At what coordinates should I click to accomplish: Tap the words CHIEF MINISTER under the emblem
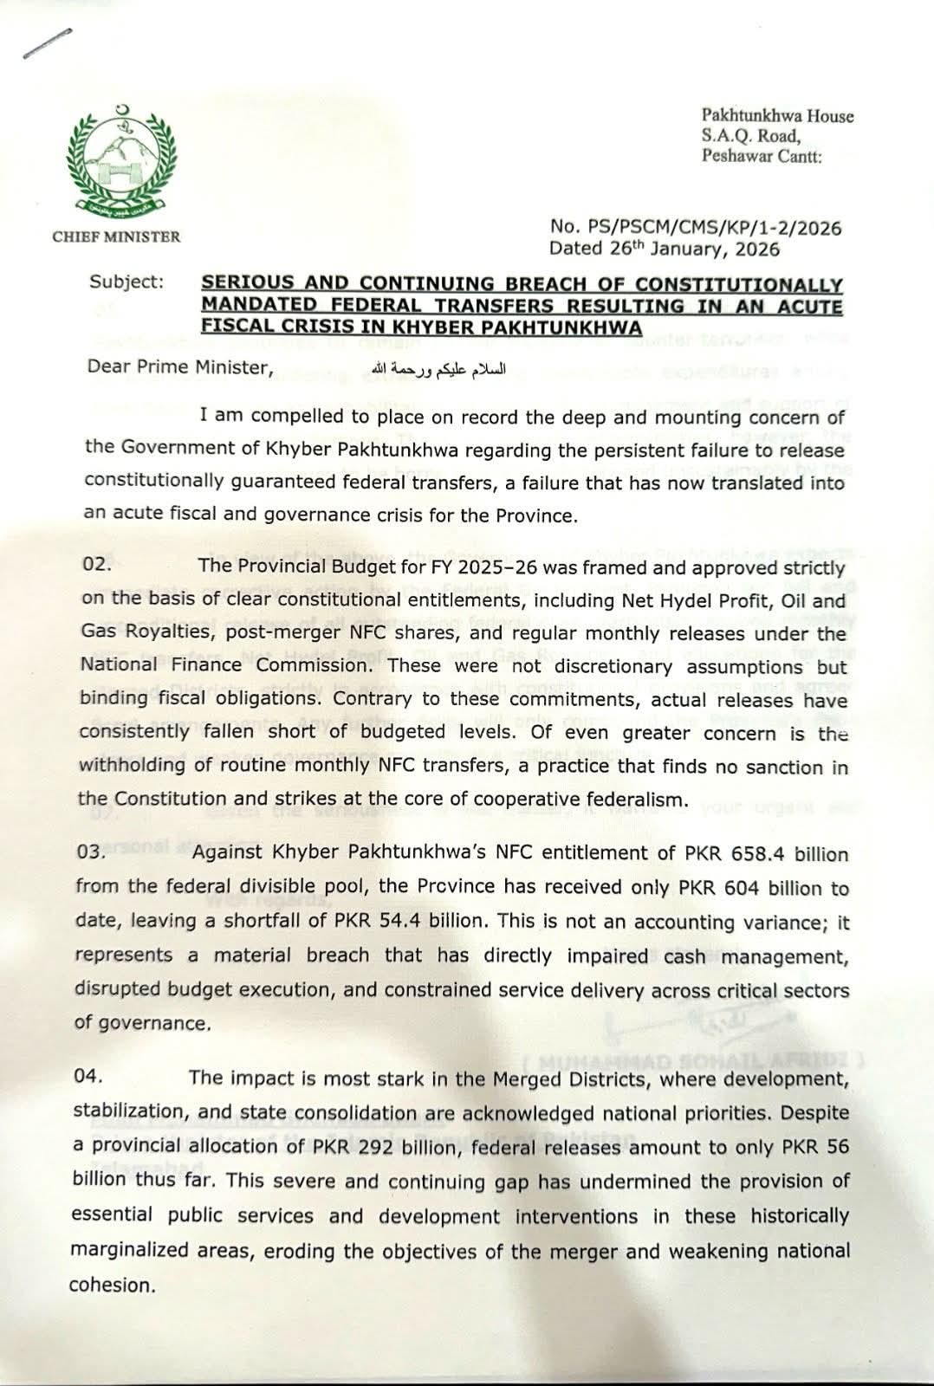pos(117,236)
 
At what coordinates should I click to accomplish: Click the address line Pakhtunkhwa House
pos(776,116)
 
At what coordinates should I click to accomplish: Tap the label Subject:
pos(126,282)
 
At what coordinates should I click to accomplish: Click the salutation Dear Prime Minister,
pos(180,367)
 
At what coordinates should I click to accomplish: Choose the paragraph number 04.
pos(89,1077)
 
